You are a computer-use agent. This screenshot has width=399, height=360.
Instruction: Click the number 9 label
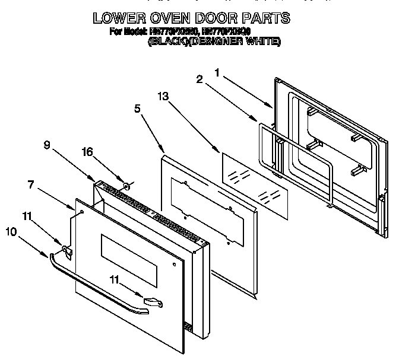tap(47, 143)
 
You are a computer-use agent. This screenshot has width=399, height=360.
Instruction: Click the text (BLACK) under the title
tap(169, 42)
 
